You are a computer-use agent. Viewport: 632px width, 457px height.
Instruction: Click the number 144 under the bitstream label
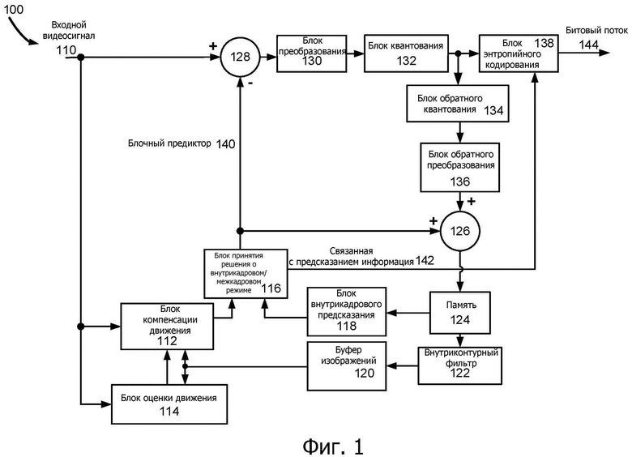(588, 45)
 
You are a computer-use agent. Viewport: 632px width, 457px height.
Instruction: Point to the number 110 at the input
(66, 50)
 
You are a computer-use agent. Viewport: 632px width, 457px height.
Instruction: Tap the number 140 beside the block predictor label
(225, 144)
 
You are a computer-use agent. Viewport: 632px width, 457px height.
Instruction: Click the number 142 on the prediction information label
(425, 261)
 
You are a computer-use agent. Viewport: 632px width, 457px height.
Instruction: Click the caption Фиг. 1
(333, 446)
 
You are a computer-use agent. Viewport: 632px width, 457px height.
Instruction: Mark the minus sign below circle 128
(250, 83)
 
